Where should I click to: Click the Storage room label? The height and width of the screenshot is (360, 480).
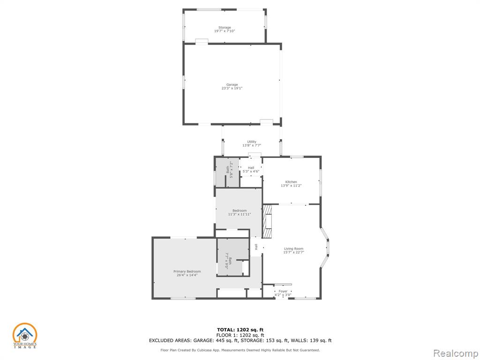coord(225,28)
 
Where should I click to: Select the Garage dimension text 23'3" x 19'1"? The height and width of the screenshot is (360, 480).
coord(232,88)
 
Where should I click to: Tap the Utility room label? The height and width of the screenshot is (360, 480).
coord(252,142)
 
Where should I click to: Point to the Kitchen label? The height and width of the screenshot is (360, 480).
coord(291,182)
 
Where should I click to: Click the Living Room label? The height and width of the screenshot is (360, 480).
coord(293,249)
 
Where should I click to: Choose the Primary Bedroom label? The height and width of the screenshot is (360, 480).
coord(187,271)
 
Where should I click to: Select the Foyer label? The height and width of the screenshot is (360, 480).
coord(283,292)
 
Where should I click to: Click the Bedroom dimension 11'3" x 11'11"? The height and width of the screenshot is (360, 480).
coord(240,214)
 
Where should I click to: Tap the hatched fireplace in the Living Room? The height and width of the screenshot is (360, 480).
coord(267,221)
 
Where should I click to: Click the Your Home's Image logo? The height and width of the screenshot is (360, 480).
coord(25,336)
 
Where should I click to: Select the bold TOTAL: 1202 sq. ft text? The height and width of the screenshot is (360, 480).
coord(240,330)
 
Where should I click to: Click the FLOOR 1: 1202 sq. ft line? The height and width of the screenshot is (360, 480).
coord(240,335)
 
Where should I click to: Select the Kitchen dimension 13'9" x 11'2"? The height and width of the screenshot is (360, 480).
coord(291,186)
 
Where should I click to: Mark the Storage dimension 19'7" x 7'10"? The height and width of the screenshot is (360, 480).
coord(225,31)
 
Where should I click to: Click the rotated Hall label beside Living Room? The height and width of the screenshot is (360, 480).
coord(256,247)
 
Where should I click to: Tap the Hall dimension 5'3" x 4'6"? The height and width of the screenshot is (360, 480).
coord(251,172)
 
